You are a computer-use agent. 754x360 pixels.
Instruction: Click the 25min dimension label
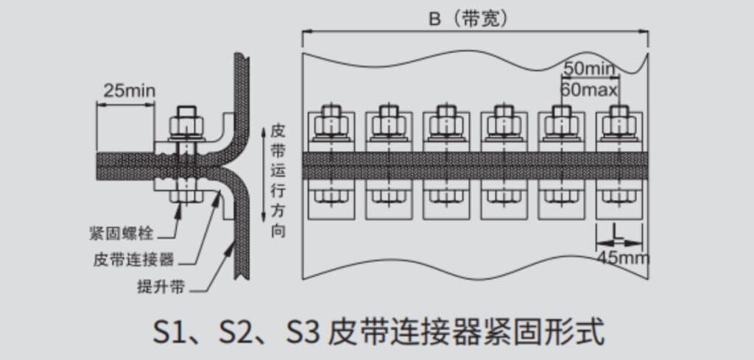click(130, 91)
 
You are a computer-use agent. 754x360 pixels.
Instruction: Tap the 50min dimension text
click(590, 69)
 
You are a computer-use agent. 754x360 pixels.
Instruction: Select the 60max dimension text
click(589, 89)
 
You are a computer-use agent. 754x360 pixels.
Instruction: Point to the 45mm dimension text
click(623, 258)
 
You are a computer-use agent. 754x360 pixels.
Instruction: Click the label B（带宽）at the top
click(468, 19)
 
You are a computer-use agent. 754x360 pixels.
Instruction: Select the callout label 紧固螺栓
click(121, 233)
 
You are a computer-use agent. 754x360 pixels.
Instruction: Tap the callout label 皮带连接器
click(133, 261)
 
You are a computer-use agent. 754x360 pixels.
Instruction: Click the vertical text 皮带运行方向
click(278, 180)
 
